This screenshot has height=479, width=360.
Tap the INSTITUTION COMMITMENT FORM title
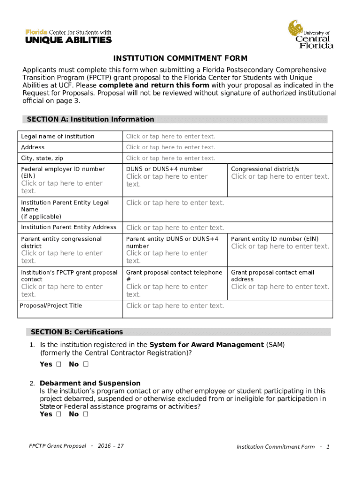(180, 58)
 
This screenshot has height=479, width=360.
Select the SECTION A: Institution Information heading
(90, 119)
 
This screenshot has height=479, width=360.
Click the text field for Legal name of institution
(171, 137)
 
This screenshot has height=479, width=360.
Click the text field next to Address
(171, 147)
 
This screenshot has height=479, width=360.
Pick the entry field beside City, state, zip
(171, 158)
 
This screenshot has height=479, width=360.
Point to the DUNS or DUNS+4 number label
(165, 169)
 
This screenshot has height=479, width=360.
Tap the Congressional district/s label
(265, 169)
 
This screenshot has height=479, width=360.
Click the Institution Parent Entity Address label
(69, 227)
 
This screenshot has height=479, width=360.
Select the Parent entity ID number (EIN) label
(275, 239)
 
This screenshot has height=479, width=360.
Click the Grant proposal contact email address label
(273, 276)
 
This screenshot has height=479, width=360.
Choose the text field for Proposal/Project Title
(175, 306)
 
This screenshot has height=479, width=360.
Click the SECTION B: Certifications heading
(77, 332)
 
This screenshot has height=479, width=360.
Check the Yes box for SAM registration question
(58, 364)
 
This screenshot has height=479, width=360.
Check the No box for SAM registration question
(86, 364)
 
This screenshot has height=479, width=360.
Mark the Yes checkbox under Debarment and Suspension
(58, 414)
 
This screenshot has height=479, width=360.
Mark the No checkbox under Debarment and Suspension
(86, 414)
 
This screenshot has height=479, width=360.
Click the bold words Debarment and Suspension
(90, 383)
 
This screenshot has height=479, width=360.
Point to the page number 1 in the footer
(328, 447)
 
